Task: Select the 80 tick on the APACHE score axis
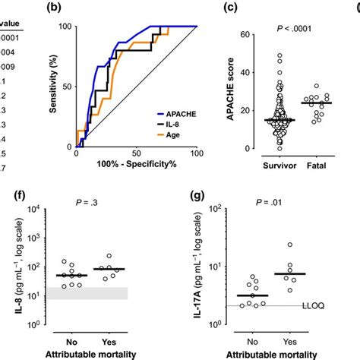[234, 34]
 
